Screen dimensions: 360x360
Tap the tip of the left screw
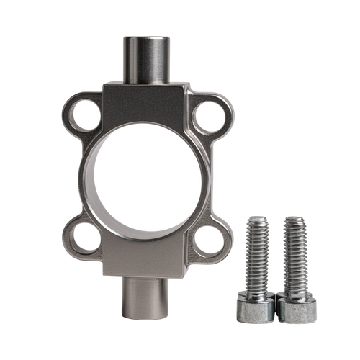tap(256, 219)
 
